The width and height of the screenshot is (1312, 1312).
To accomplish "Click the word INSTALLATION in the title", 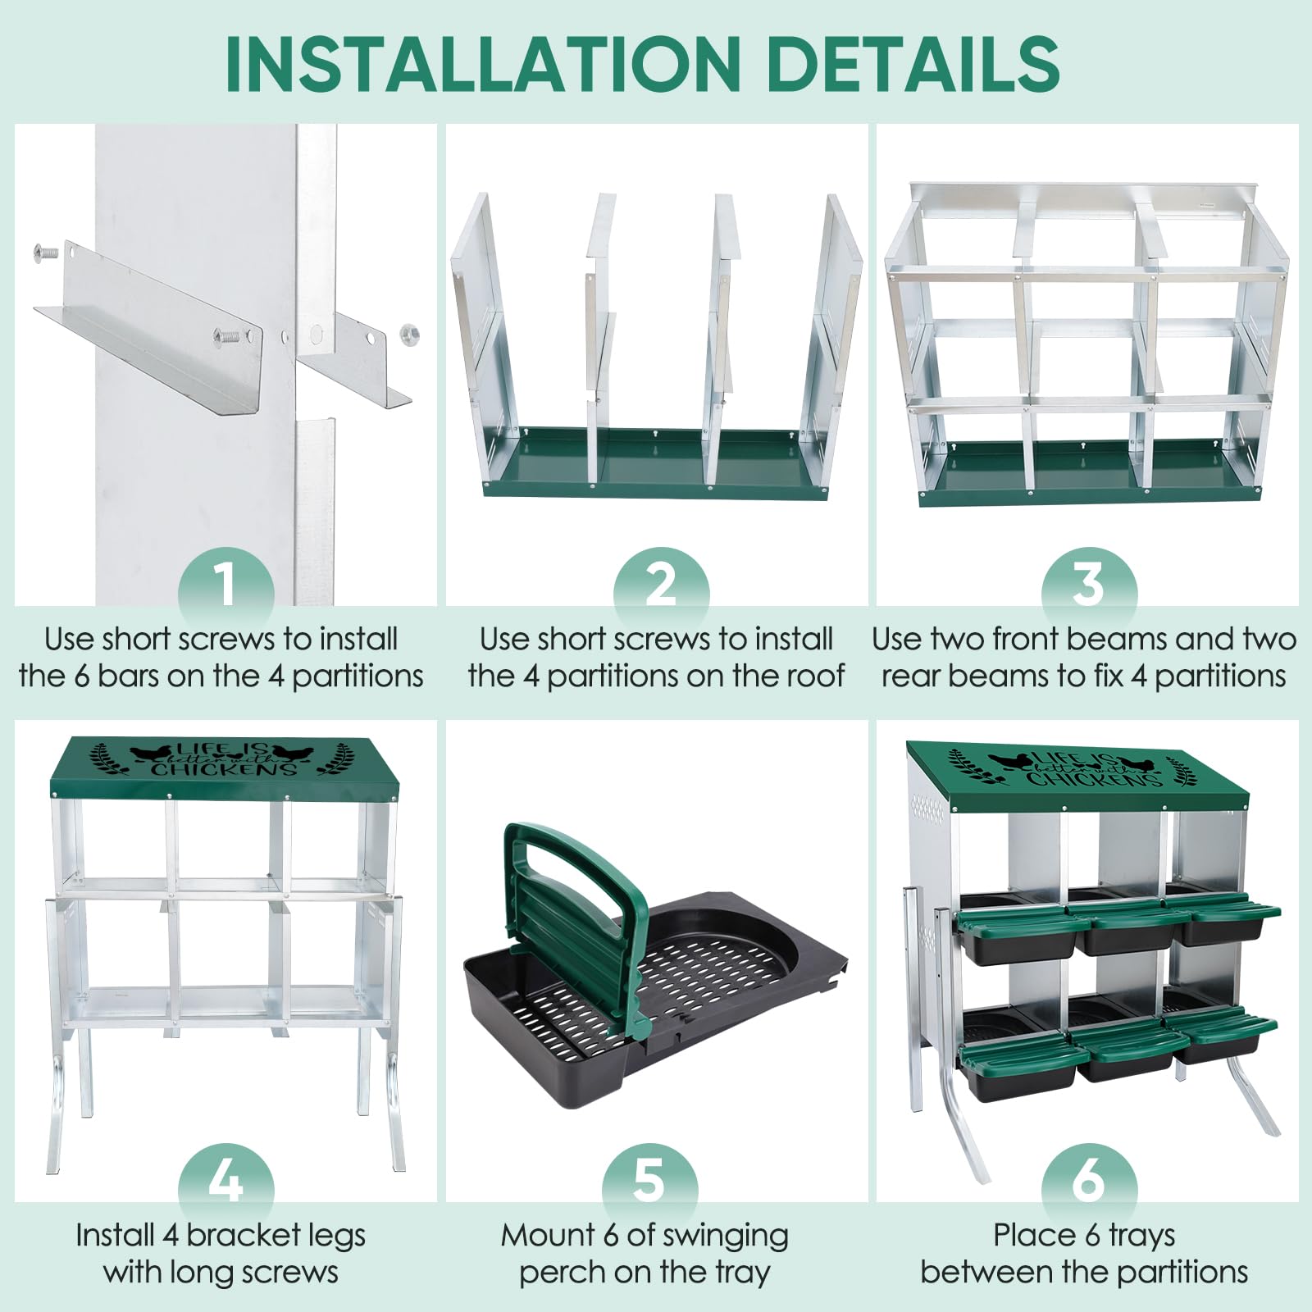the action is (x=483, y=64).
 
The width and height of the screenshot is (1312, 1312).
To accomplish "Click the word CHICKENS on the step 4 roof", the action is (x=224, y=768).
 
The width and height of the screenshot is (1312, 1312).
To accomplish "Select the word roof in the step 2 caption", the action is (x=811, y=676).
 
